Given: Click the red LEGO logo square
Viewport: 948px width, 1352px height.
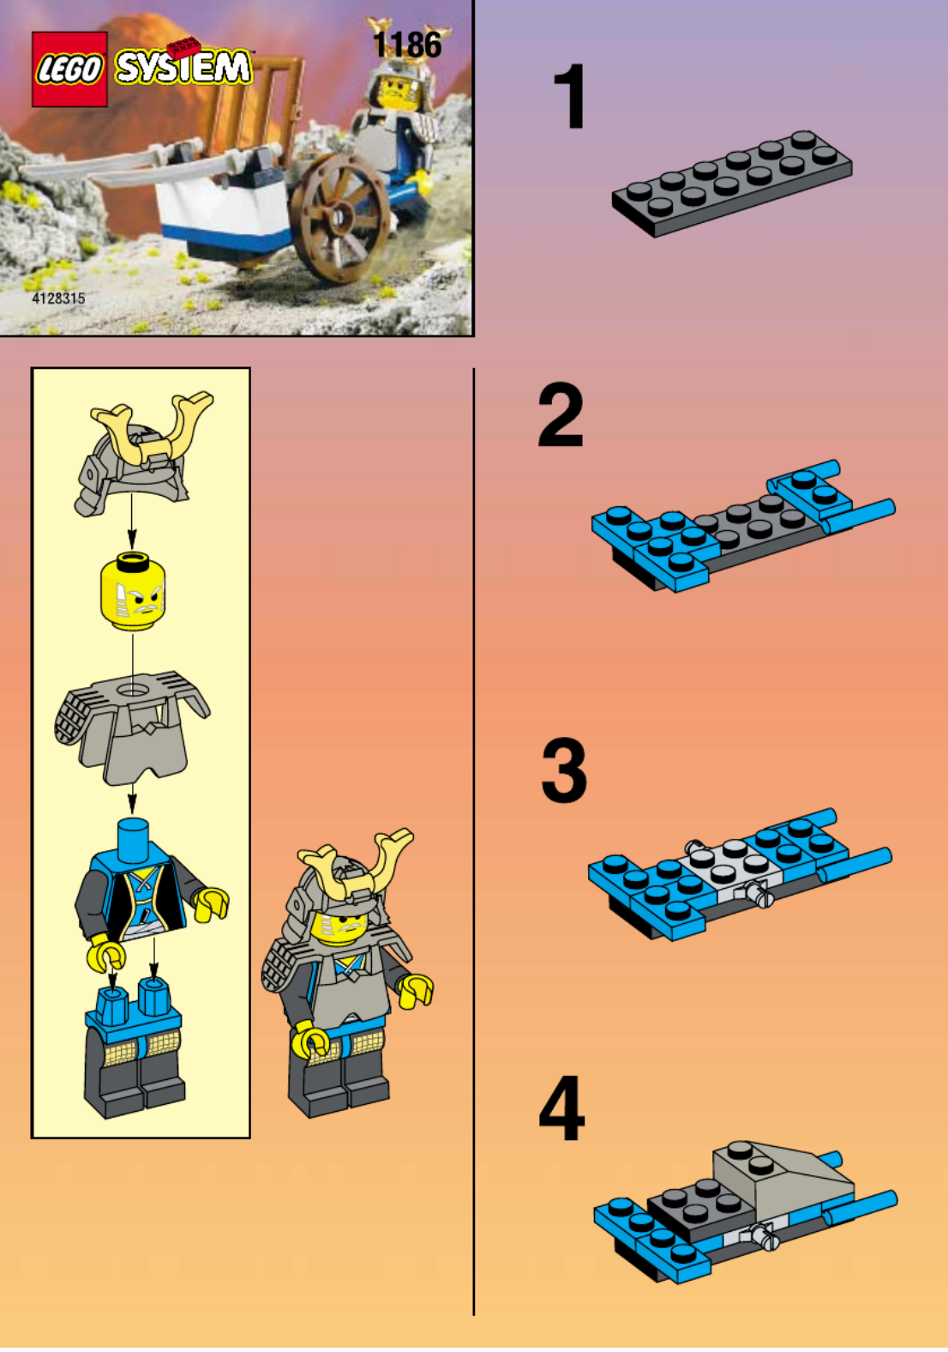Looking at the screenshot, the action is pos(69,69).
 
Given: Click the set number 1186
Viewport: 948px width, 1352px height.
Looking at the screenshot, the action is pos(407,45).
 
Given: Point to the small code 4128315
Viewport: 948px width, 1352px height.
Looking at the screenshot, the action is pos(58,299).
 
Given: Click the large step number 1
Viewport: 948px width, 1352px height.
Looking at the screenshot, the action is pos(569,96).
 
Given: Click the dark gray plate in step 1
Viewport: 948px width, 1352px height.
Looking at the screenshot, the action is pos(732,184).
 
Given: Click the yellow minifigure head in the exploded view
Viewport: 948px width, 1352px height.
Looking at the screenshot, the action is pos(132,591).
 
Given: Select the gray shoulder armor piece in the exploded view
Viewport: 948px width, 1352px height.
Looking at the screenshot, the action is pos(132,727).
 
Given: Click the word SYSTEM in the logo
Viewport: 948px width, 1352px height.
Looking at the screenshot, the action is pos(183,66).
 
